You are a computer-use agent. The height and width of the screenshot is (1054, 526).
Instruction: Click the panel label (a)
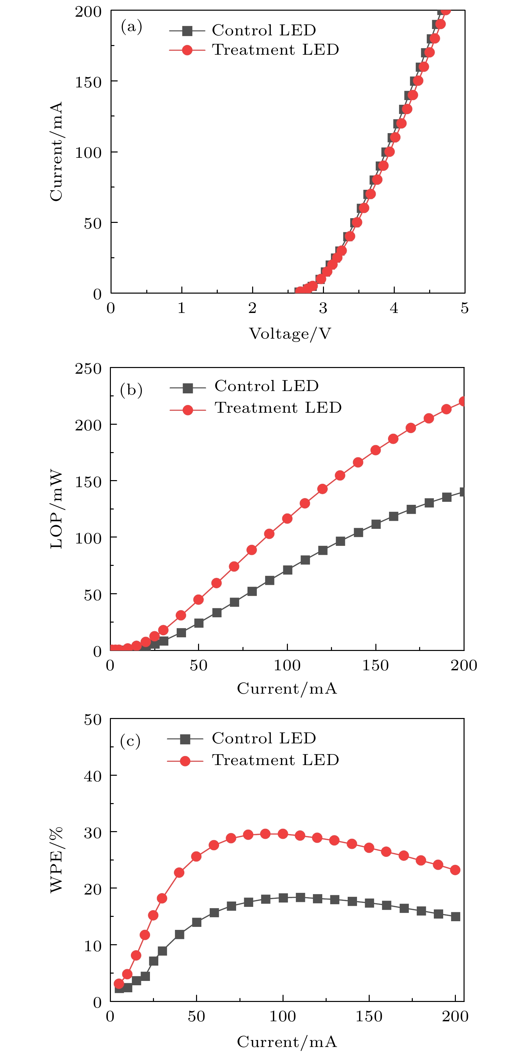coord(132,27)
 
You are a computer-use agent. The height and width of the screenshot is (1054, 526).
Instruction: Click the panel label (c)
coord(130,741)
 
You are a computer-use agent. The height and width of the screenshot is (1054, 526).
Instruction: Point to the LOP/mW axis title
coord(56,509)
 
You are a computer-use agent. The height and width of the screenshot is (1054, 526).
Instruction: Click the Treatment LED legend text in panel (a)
coord(275,50)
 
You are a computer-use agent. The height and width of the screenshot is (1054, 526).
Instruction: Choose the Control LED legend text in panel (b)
coord(266,386)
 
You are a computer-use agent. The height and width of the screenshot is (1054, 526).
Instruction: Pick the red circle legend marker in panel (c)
coord(185,761)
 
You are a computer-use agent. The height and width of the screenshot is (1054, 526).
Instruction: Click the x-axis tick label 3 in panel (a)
coord(323,308)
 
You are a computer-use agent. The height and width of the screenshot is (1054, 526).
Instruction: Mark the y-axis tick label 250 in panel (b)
coord(88,369)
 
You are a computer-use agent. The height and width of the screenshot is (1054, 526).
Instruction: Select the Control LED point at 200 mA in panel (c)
coord(456,917)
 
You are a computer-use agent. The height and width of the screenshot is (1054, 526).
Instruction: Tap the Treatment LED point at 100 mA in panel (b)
coord(287,518)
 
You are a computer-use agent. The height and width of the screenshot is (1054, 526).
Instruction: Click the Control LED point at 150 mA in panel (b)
coord(376,524)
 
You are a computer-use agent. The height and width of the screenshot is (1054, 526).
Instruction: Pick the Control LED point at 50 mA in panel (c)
coord(197,922)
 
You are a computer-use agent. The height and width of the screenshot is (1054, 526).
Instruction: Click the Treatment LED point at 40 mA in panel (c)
coord(179,873)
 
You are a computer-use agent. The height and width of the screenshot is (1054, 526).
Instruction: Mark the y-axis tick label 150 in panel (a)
coord(88,82)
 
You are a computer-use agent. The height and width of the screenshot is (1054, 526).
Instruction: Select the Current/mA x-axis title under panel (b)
coord(287,689)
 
